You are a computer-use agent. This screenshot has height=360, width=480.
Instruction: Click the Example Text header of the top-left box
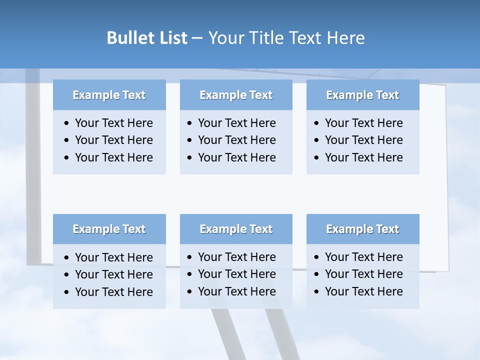[109, 95]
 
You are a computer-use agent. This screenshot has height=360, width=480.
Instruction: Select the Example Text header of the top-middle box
[236, 95]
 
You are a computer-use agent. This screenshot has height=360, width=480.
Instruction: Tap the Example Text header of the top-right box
[362, 95]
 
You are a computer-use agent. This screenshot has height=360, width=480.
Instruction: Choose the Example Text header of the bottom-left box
[109, 229]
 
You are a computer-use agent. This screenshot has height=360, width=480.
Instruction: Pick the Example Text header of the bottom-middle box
[236, 229]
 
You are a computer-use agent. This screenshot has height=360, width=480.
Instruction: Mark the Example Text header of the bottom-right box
[362, 229]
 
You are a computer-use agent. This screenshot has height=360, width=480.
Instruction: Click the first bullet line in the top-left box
[113, 123]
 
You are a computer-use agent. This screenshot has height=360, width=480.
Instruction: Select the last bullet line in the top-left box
[113, 157]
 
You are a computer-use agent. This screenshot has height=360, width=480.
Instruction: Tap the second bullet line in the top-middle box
[236, 140]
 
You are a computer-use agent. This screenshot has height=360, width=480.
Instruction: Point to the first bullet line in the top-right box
[363, 123]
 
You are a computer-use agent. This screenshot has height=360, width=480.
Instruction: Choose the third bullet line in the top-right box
[363, 157]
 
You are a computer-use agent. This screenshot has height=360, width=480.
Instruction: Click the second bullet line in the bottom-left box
[113, 274]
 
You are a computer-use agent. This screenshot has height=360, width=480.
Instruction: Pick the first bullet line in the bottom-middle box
[236, 257]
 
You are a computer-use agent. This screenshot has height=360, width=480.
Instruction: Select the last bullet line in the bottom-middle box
[236, 291]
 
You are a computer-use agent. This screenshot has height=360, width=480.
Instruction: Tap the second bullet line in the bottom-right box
[363, 274]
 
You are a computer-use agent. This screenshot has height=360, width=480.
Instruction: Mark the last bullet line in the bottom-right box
[363, 291]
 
